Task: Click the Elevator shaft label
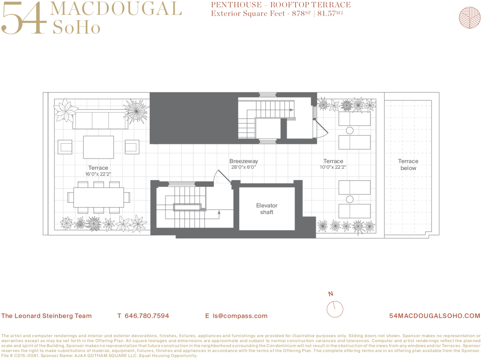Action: [267, 209]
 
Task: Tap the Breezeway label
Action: [243, 161]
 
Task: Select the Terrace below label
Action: [408, 165]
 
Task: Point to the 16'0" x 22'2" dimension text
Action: [98, 174]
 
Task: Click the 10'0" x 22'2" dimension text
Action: [333, 167]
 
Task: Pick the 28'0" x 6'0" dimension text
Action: [243, 167]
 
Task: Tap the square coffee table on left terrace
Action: [98, 147]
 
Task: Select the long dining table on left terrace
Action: [98, 197]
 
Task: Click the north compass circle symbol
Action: [335, 309]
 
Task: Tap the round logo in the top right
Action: [470, 17]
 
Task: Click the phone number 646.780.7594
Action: [147, 316]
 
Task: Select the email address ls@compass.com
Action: [240, 316]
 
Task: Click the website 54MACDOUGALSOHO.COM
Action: [434, 316]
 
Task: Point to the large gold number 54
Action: [23, 18]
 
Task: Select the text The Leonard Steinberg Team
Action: [47, 316]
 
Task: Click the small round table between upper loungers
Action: [350, 130]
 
